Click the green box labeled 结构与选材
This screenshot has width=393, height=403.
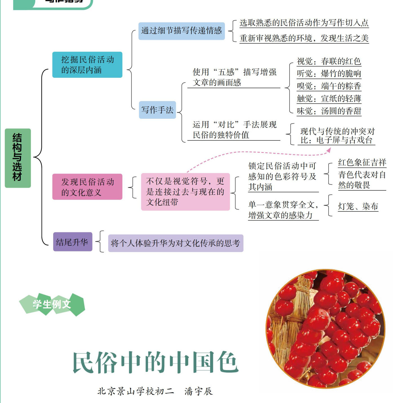(x=17, y=158)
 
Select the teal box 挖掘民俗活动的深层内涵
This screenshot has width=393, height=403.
(x=87, y=65)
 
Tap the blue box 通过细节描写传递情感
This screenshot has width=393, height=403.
(x=181, y=31)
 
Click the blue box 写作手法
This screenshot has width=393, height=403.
(x=157, y=110)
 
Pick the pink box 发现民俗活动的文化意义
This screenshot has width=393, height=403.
(x=87, y=187)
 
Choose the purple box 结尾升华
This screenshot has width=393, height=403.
(x=72, y=242)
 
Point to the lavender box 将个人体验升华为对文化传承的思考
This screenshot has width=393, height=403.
(x=176, y=243)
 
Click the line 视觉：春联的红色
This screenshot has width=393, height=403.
(x=329, y=61)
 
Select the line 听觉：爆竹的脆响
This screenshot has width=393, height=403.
(x=329, y=74)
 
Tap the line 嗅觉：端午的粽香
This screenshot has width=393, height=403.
(x=329, y=86)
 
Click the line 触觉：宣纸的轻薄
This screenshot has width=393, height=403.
(x=329, y=99)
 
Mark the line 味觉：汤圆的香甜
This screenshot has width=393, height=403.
(x=329, y=111)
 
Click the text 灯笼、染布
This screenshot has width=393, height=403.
(x=358, y=206)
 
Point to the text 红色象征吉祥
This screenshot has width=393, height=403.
(x=362, y=163)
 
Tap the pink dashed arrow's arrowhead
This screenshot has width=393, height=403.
(x=328, y=150)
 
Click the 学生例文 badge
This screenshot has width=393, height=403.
(x=52, y=304)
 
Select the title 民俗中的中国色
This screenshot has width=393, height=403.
(x=156, y=362)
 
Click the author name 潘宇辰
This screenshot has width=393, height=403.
(x=199, y=391)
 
